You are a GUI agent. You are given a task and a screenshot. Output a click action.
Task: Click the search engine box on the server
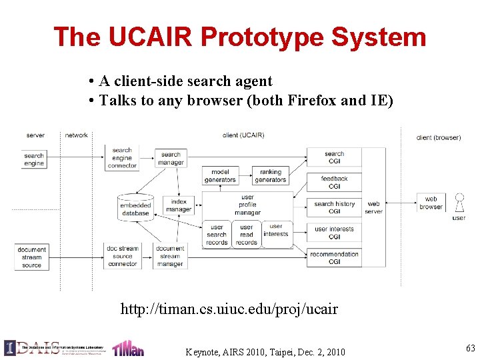(34, 159)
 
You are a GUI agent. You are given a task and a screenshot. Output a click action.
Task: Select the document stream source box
(31, 256)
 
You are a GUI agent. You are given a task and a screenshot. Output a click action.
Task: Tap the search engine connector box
(122, 158)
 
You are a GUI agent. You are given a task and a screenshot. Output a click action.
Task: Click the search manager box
(171, 158)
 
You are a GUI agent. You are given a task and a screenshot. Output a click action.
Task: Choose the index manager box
(179, 205)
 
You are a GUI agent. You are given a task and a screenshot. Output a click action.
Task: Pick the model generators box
(220, 176)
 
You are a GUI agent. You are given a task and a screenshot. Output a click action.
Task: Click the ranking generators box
(270, 176)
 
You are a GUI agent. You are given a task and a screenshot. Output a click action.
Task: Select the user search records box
(217, 235)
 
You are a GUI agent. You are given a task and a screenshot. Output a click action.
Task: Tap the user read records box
(247, 235)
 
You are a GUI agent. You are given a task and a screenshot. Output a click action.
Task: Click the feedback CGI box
(334, 182)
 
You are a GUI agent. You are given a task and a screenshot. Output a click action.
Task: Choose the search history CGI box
(334, 207)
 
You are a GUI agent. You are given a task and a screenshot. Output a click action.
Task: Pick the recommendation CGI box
(334, 258)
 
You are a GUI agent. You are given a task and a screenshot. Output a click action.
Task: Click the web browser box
(431, 203)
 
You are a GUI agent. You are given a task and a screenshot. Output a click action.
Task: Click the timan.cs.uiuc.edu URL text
(229, 309)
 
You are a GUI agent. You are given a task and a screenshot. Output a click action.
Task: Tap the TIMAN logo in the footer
(127, 348)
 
